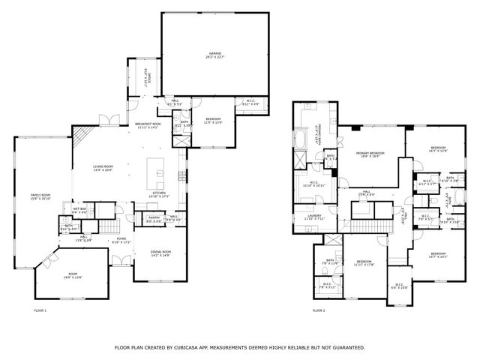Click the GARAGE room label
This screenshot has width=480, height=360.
click(216, 52)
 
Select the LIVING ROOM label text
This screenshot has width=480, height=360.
click(103, 166)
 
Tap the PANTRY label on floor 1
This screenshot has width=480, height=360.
click(153, 217)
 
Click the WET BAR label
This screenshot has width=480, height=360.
click(79, 210)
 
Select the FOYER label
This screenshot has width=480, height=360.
click(121, 239)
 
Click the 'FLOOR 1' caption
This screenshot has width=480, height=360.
click(40, 310)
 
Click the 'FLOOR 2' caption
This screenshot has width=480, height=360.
click(319, 310)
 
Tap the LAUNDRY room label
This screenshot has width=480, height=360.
click(315, 215)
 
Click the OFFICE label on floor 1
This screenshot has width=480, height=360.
click(147, 76)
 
